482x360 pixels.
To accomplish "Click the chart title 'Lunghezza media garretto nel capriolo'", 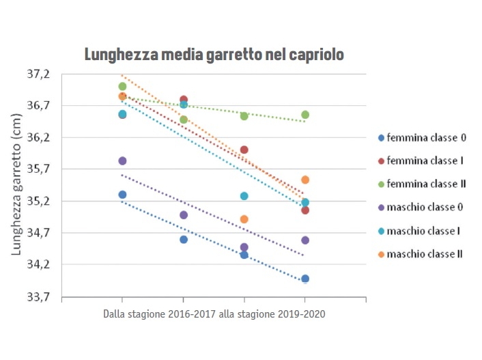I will click(x=214, y=54).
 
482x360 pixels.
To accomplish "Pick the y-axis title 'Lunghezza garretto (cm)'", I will click(x=16, y=185).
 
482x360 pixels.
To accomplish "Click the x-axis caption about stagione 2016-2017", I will click(x=214, y=315).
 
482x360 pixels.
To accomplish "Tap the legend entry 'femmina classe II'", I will click(x=427, y=184).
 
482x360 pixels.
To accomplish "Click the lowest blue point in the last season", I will click(x=305, y=279).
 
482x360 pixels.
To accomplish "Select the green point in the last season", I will click(x=305, y=115).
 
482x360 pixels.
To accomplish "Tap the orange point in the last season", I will click(x=305, y=180).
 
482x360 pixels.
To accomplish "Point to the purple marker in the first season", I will click(x=122, y=161).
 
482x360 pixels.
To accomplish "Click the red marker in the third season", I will click(x=244, y=150).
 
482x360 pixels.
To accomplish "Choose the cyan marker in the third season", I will click(x=244, y=196).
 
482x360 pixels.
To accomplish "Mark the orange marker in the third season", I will click(x=244, y=219).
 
